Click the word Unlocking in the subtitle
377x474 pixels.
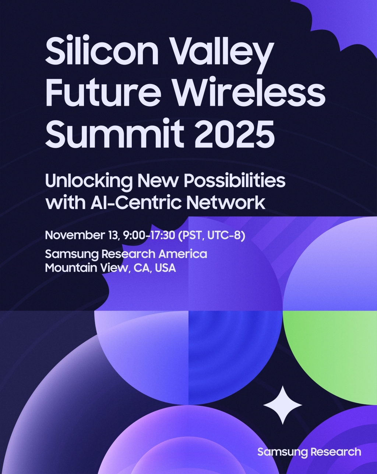[88, 181]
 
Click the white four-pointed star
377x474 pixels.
[283, 405]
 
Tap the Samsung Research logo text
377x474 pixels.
[309, 452]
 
